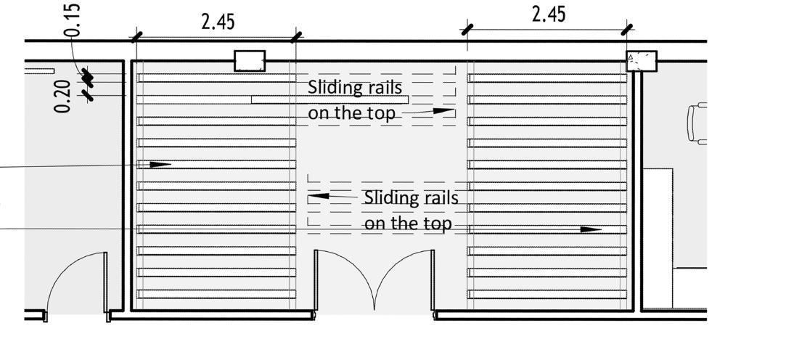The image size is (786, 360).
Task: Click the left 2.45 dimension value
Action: pyautogui.click(x=218, y=22)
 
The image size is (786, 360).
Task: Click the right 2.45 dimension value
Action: pyautogui.click(x=549, y=14)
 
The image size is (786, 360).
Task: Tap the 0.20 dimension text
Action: pyautogui.click(x=63, y=97)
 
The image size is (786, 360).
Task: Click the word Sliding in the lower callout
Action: pyautogui.click(x=390, y=197)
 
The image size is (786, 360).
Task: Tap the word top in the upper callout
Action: pyautogui.click(x=382, y=113)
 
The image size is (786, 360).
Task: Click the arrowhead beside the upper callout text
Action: pyautogui.click(x=443, y=111)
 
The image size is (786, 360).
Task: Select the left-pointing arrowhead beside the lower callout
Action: pyautogui.click(x=317, y=196)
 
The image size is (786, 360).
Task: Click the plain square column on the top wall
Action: pyautogui.click(x=250, y=61)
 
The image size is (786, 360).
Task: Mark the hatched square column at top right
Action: pyautogui.click(x=642, y=61)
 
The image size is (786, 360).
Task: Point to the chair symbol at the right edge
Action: pyautogui.click(x=697, y=124)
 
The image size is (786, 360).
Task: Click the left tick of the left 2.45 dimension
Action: pyautogui.click(x=136, y=36)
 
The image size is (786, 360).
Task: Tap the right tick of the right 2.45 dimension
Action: pyautogui.click(x=629, y=29)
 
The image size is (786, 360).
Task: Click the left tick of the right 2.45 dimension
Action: pyautogui.click(x=468, y=29)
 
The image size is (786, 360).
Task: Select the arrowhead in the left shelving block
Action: pyautogui.click(x=161, y=165)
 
